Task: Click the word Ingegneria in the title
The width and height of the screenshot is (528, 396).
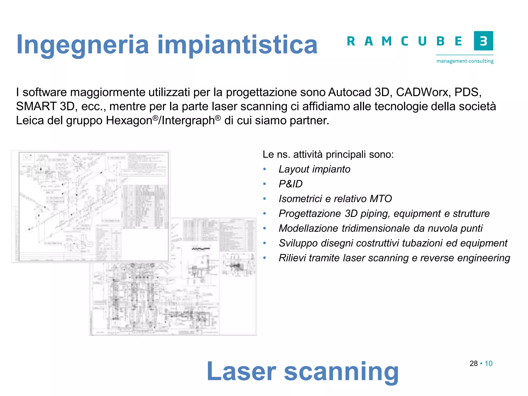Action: point(82,45)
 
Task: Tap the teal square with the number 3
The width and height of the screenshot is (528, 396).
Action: point(483,41)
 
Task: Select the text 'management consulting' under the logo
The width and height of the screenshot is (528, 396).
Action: point(465,61)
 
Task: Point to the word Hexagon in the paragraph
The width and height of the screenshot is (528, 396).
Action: point(129,121)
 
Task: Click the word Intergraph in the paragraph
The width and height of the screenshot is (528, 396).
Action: point(188,121)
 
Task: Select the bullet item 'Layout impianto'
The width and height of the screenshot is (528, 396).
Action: point(315,169)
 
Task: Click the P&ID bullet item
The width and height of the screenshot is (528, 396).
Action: point(291,184)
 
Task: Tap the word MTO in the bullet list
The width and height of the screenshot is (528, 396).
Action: point(381,199)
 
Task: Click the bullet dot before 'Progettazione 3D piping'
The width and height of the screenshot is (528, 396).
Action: point(264,213)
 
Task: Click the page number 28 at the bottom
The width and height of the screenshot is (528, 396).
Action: point(474,364)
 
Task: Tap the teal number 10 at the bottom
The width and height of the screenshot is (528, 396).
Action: point(489,364)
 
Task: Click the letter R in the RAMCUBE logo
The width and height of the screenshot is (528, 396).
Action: point(351,41)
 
